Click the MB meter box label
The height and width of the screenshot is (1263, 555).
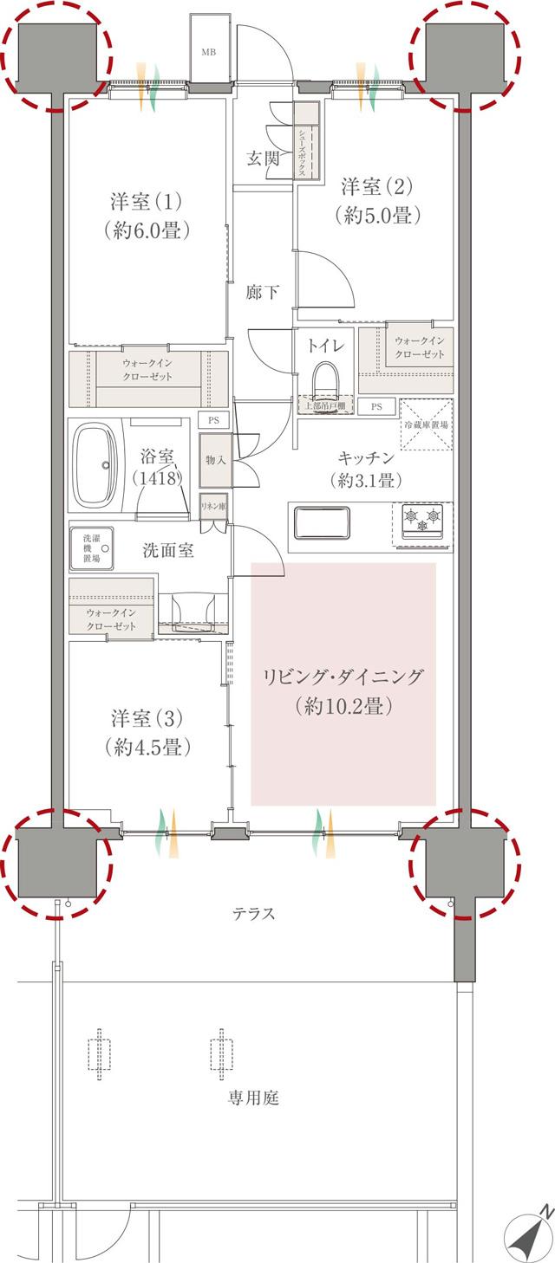tap(209, 52)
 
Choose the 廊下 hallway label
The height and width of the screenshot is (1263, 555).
tap(263, 293)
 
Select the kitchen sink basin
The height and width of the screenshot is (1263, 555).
tap(323, 523)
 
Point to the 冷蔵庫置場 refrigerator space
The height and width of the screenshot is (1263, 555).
tap(426, 425)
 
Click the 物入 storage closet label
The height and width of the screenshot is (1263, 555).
tap(214, 460)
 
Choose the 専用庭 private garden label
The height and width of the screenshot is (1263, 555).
tap(253, 1098)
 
